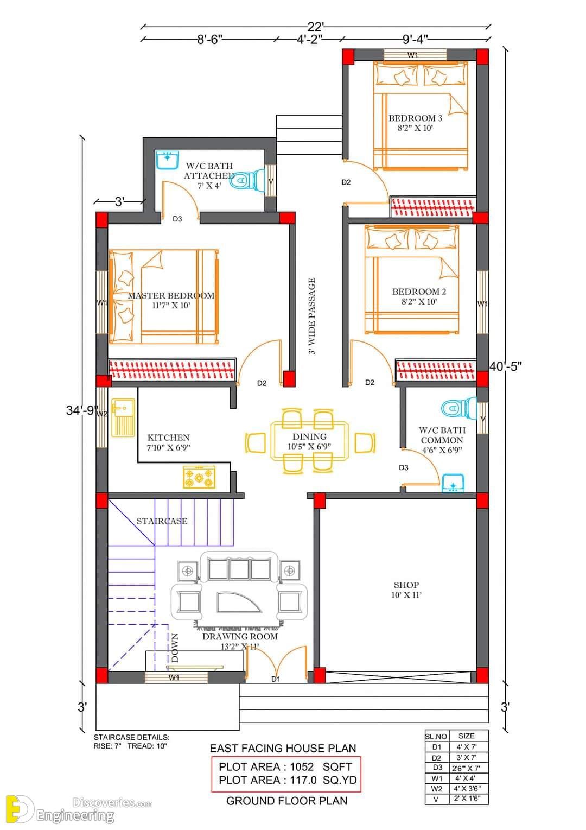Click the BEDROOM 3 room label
415,118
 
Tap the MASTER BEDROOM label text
171,296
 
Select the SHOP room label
406,585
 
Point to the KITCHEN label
168,438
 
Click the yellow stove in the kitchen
199,477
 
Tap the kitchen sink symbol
123,417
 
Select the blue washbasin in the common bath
453,483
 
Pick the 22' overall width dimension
316,26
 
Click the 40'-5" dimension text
506,366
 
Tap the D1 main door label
276,679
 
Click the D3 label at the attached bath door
177,219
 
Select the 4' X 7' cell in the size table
466,747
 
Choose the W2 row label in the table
436,789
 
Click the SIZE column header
466,736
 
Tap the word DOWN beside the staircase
175,648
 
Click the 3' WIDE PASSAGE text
312,316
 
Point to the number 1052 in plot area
302,766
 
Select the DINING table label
309,436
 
